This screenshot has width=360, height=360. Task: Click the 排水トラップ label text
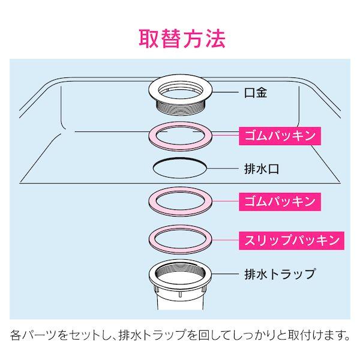[280, 274]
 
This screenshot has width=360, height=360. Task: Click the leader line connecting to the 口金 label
[225, 92]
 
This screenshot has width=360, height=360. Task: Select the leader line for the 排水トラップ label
[225, 274]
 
